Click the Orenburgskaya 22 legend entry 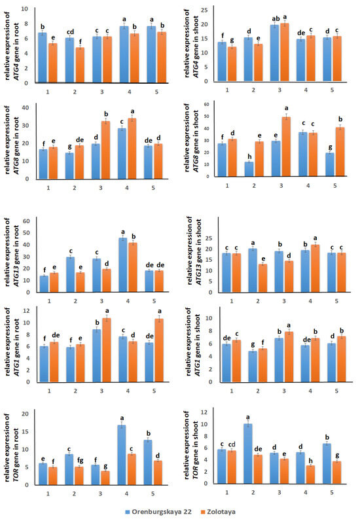coord(158,512)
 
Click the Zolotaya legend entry coord(219,512)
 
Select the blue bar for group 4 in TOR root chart coord(122,455)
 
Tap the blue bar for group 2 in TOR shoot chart coord(248,454)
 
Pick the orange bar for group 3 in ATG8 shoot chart coord(286,147)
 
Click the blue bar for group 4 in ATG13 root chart coord(123,265)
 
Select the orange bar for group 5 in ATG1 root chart coord(159,350)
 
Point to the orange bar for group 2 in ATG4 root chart coord(80,65)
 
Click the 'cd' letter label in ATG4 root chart coord(70,32)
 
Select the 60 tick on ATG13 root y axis coord(26,221)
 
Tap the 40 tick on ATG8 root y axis coord(26,107)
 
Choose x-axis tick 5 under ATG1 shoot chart coord(336,391)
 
